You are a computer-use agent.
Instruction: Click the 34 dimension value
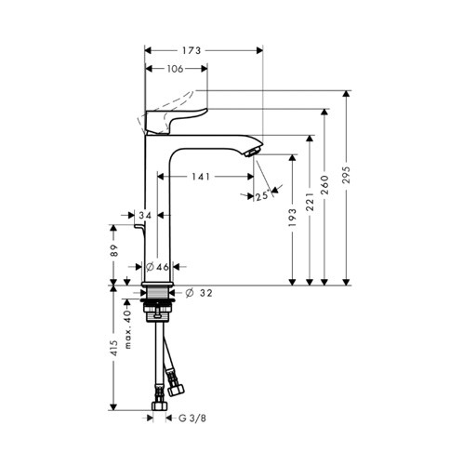click(143, 216)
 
